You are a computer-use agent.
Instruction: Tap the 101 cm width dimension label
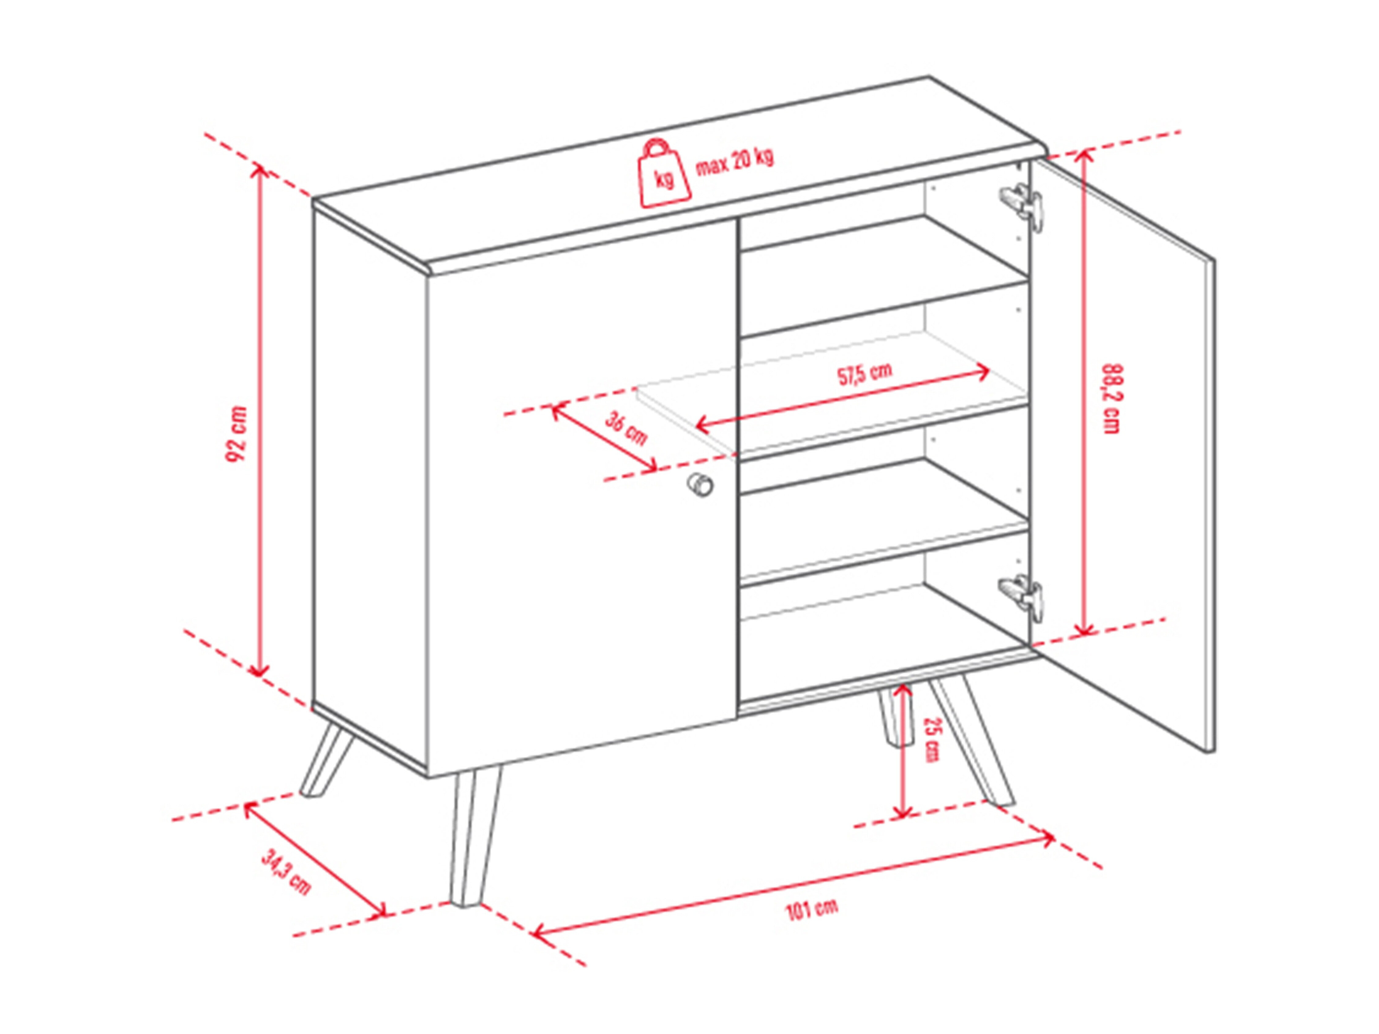click(x=811, y=910)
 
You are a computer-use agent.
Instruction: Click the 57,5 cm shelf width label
click(x=864, y=374)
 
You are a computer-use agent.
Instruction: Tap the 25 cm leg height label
click(x=930, y=739)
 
